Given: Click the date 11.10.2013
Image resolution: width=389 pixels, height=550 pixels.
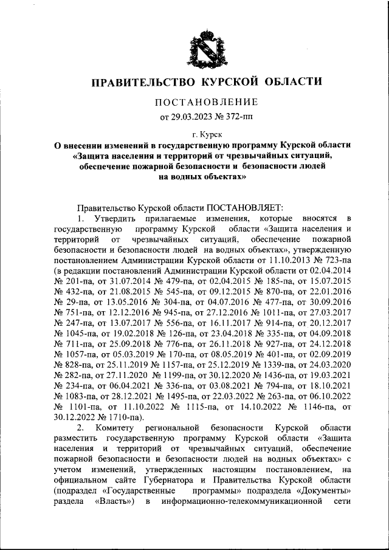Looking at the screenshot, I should (x=284, y=260).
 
